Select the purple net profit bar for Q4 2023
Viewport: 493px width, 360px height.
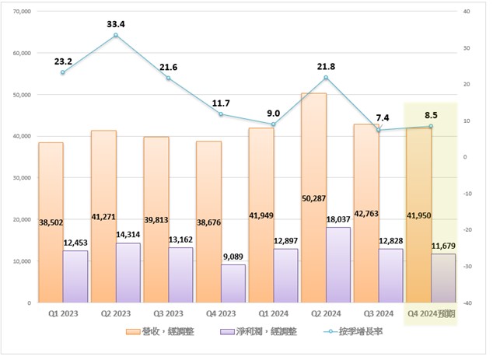point(233,284)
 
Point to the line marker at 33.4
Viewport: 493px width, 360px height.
point(116,35)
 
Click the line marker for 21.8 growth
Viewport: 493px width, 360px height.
point(327,77)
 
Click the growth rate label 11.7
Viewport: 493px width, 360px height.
point(222,103)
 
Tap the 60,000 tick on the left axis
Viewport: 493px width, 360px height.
point(18,53)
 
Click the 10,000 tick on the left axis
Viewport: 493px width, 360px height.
point(18,260)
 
